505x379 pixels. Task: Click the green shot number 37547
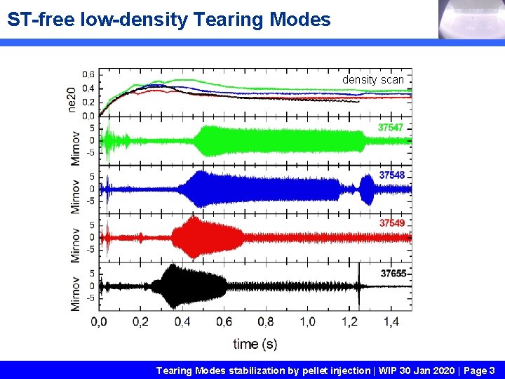391,128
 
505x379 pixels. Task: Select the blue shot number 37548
392,175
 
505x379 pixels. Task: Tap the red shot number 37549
392,222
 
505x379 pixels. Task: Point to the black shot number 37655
393,273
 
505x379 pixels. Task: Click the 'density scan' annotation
372,80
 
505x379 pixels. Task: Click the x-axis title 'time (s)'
255,343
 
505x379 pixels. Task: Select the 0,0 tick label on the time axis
99,321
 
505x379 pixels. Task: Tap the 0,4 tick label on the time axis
182,321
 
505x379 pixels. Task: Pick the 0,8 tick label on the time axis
266,321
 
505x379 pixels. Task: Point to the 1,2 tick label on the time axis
349,321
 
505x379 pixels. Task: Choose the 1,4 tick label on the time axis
391,321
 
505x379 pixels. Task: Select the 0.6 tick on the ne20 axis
88,74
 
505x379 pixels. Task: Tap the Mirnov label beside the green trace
76,147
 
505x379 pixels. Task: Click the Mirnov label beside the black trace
76,292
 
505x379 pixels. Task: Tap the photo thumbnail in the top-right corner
471,20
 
